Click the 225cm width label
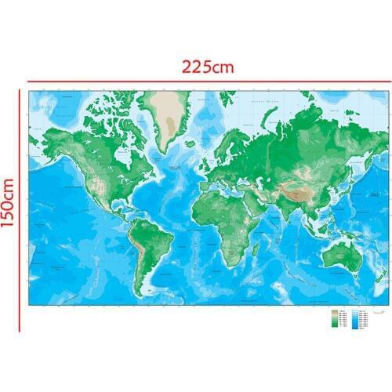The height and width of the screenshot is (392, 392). point(207,67)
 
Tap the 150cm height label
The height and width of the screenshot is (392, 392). point(9,199)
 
